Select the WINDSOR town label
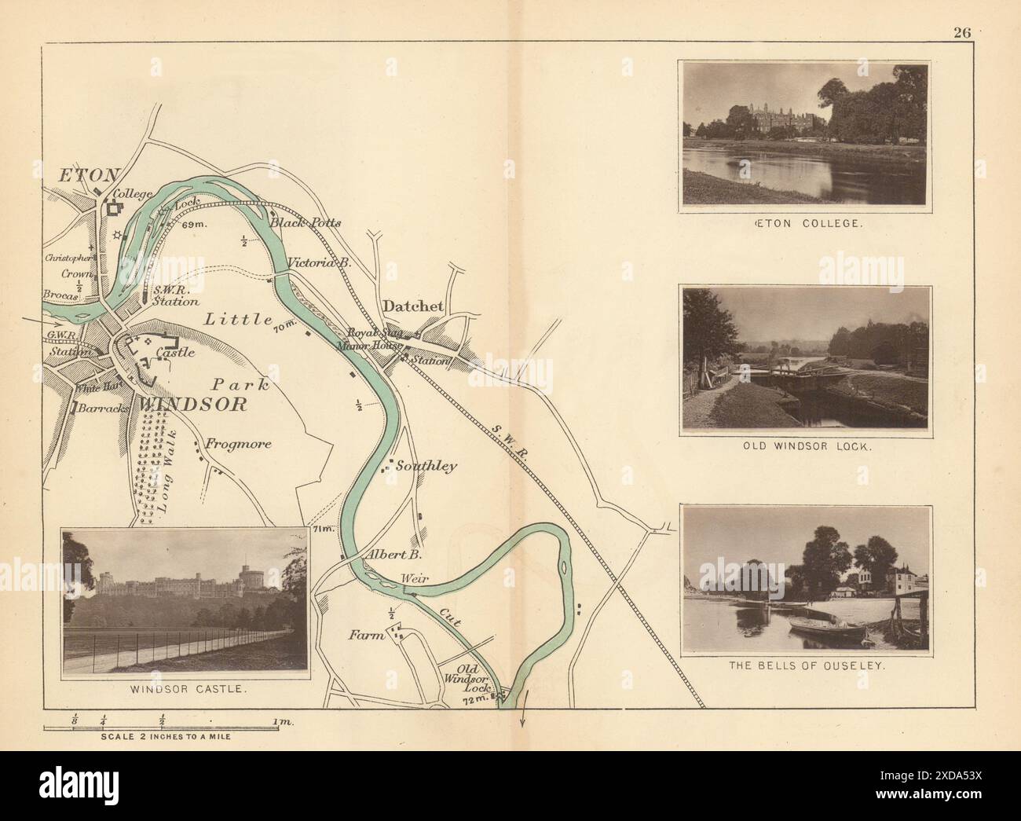point(193,405)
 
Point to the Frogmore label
point(238,444)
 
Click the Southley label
point(426,466)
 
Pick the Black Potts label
point(305,222)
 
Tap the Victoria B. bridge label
point(318,263)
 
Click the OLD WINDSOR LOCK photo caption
point(807,445)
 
